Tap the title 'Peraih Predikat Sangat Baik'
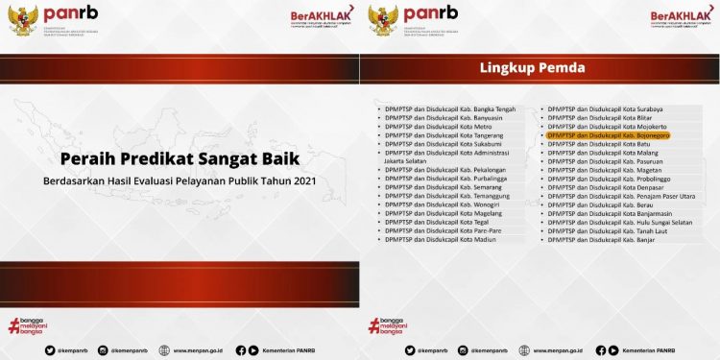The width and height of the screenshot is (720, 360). tap(180, 157)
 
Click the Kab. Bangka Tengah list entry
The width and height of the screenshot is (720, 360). tap(444, 108)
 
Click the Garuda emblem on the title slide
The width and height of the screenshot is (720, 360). tap(23, 18)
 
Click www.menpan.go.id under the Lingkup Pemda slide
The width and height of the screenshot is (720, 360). tap(563, 350)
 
